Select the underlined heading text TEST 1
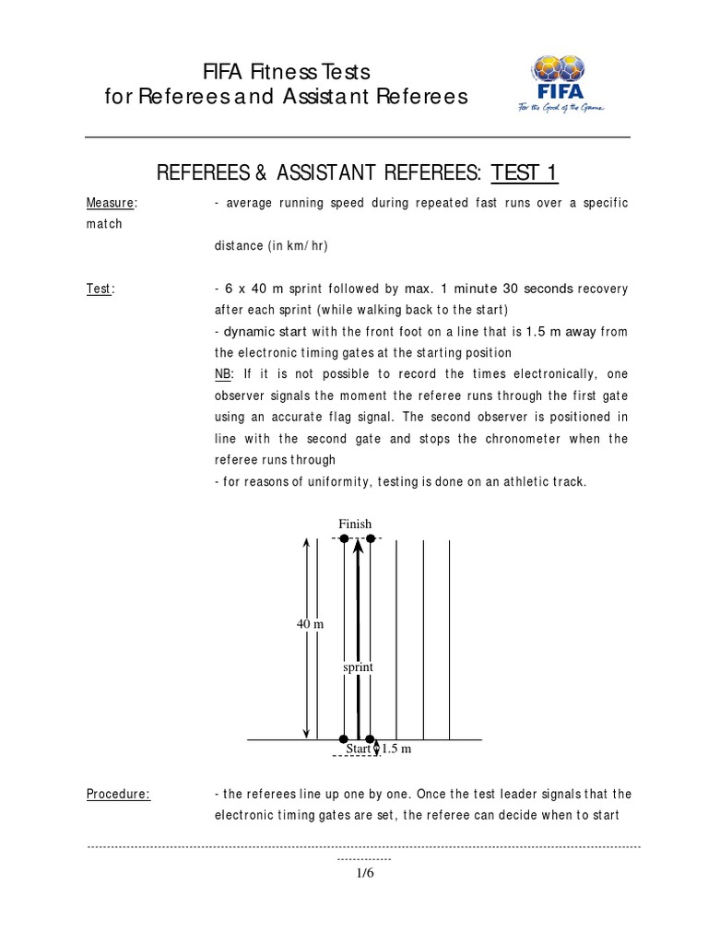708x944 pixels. [x=525, y=173]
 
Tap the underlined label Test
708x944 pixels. [x=100, y=289]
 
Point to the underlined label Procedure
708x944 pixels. [x=118, y=794]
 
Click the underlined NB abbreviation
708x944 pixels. [x=222, y=375]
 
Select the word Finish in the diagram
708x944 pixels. [x=355, y=525]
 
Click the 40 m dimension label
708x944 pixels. [x=310, y=624]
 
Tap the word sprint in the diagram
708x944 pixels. [x=358, y=666]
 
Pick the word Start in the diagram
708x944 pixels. [x=358, y=749]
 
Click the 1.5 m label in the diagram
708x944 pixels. [x=396, y=749]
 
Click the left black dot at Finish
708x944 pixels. [x=344, y=538]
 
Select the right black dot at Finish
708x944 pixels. [x=371, y=538]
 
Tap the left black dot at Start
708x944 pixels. [x=344, y=739]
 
